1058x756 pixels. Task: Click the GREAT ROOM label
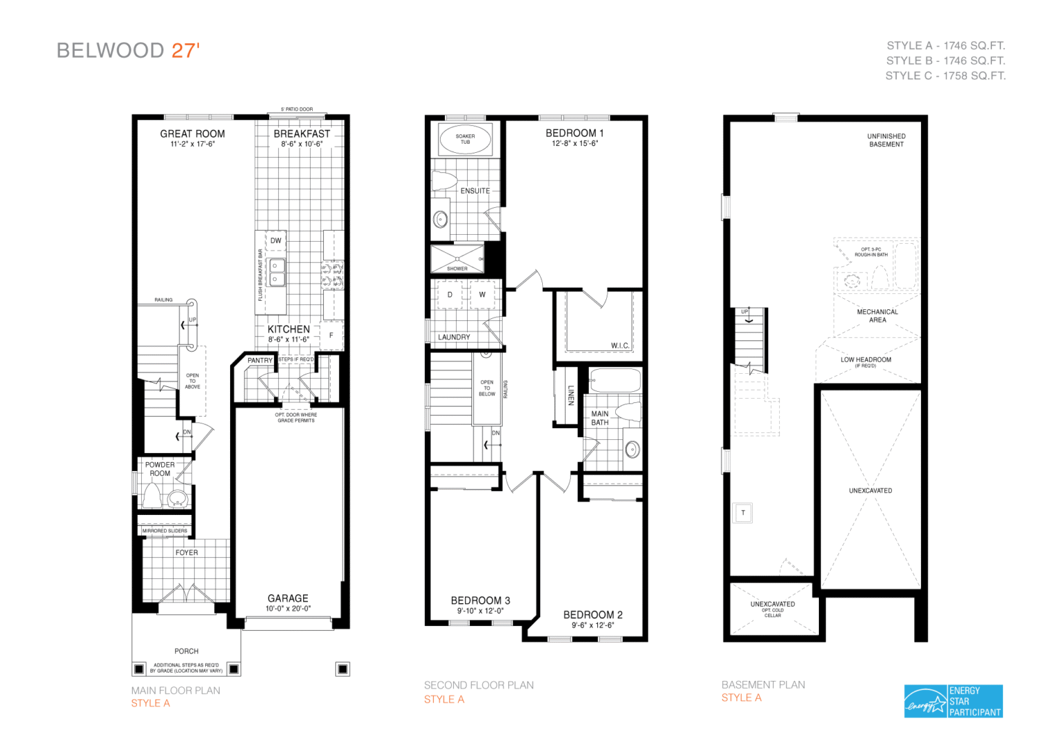tap(192, 134)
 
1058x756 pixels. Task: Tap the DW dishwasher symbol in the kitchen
tap(276, 240)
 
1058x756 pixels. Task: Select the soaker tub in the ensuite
tap(465, 139)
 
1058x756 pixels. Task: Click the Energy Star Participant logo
tap(953, 701)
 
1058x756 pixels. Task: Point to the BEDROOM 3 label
tap(480, 600)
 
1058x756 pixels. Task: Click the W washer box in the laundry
tap(482, 295)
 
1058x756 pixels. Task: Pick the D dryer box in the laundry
tap(450, 295)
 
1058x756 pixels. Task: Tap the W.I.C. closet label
tap(620, 346)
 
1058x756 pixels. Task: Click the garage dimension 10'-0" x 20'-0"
tap(288, 609)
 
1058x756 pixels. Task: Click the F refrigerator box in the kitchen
tap(331, 335)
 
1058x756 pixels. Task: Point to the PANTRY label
tap(260, 360)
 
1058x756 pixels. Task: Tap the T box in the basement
tap(743, 513)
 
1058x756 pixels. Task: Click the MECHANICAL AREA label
tap(877, 316)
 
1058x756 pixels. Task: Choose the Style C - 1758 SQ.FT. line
tap(945, 76)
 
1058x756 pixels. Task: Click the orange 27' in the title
tap(185, 50)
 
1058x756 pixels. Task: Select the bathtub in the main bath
tap(615, 380)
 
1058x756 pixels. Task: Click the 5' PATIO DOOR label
tap(297, 109)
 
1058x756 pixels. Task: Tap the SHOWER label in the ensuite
tap(457, 269)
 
